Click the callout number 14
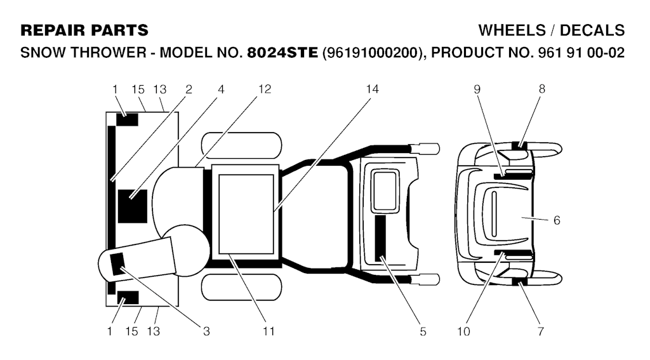tap(372, 89)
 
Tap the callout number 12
tap(265, 89)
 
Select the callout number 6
tap(557, 220)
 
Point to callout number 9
tap(477, 89)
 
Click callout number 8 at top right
tap(542, 89)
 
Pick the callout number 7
tap(540, 331)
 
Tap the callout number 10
tap(464, 331)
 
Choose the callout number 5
tap(423, 331)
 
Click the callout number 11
tap(269, 331)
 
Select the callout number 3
tap(206, 331)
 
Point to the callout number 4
tap(221, 89)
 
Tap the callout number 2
tap(189, 89)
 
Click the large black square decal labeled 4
tap(133, 206)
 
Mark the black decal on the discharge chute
tap(117, 264)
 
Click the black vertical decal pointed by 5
tap(380, 238)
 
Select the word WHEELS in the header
tap(512, 30)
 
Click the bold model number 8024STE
tap(282, 53)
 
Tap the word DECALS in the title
tap(592, 30)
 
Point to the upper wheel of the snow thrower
tap(241, 145)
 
